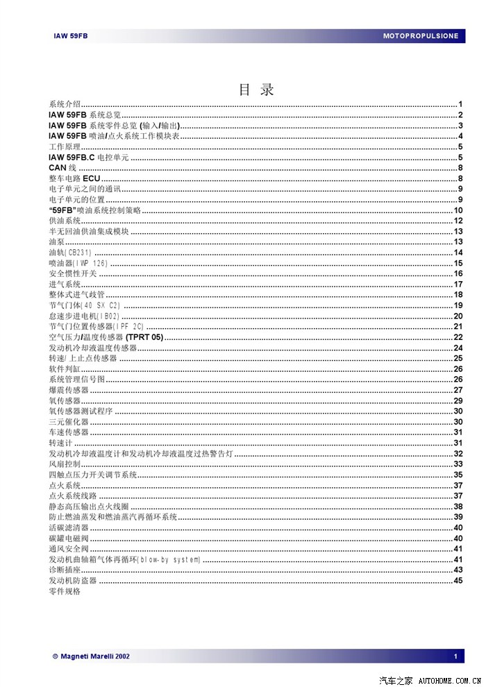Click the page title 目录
pyautogui.click(x=256, y=90)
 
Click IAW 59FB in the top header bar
pyautogui.click(x=71, y=35)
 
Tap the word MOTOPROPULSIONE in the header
pyautogui.click(x=421, y=35)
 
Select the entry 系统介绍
pyautogui.click(x=65, y=104)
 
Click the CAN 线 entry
pyautogui.click(x=62, y=168)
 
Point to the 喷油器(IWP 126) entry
pyautogui.click(x=78, y=263)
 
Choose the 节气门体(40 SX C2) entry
pyautogui.click(x=85, y=305)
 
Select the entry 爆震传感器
pyautogui.click(x=69, y=391)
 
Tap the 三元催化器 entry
pyautogui.click(x=69, y=422)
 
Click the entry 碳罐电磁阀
pyautogui.click(x=69, y=538)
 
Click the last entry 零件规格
pyautogui.click(x=65, y=591)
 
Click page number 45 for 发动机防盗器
pyautogui.click(x=458, y=580)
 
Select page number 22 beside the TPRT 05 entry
pyautogui.click(x=458, y=337)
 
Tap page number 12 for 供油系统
pyautogui.click(x=458, y=221)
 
